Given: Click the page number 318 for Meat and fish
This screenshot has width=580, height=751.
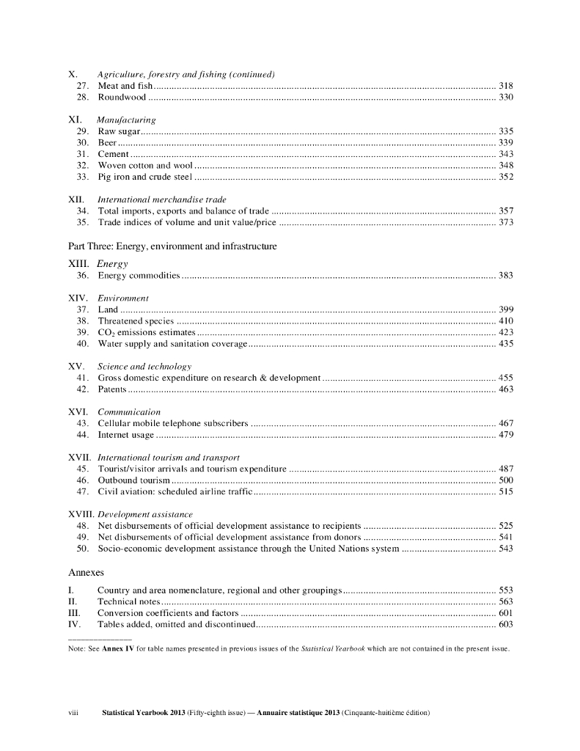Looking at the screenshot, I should point(505,87).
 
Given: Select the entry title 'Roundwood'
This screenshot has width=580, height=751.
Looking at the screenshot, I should point(122,98).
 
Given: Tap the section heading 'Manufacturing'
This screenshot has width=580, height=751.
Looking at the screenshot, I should point(126,120).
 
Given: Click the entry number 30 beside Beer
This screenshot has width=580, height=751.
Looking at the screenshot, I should point(82,142).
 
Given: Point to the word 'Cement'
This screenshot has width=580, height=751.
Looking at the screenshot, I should point(114,154).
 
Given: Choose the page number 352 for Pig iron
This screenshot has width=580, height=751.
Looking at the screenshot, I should point(505,177).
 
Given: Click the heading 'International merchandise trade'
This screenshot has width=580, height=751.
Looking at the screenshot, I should point(162,199).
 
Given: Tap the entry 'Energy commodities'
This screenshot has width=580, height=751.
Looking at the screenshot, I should point(139,276).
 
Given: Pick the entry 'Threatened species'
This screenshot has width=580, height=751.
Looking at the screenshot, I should point(136,321).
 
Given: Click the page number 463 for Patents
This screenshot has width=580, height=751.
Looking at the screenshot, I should point(505,389).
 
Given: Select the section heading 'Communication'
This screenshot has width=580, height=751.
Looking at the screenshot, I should point(129,412).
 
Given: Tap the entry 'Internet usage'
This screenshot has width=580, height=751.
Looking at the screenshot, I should point(125,435).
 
